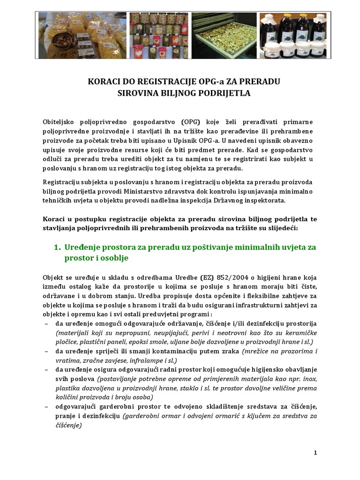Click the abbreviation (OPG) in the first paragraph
pos(175,121)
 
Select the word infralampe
pos(143,360)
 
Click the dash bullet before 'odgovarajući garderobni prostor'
pos(46,407)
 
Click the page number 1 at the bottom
pos(315,452)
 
